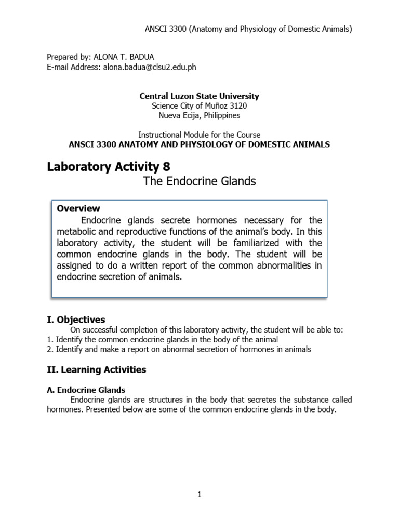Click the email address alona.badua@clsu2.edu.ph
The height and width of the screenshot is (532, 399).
coord(151,67)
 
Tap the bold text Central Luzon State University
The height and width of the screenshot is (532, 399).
coord(199,96)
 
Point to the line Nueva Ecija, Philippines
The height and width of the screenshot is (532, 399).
coord(199,115)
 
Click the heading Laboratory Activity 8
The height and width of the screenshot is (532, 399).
coord(108,167)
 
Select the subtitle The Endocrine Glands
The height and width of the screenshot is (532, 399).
coord(199,182)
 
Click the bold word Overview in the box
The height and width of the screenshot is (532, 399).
coord(78,209)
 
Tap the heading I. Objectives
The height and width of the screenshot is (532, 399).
coord(76,320)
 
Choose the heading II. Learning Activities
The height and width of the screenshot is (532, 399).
coord(96,370)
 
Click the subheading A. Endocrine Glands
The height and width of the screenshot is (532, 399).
coord(86,390)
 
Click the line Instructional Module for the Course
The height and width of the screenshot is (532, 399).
coord(199,135)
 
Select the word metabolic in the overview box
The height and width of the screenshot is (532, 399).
coord(75,232)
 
